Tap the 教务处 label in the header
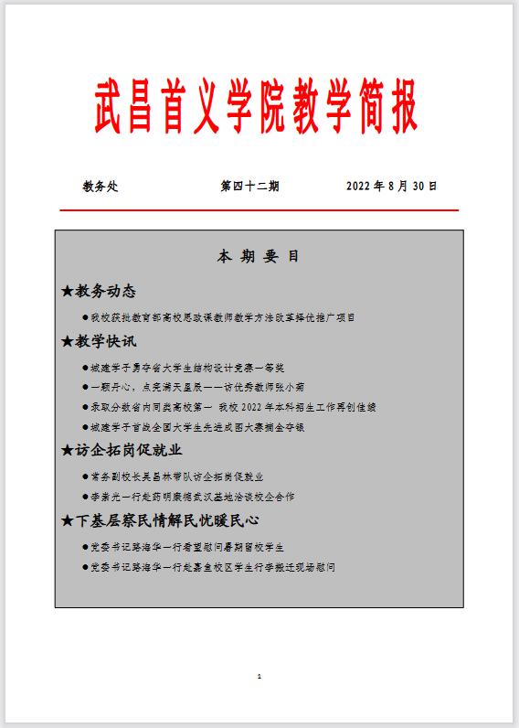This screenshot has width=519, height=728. click(101, 187)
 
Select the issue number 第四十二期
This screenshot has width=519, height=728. click(249, 187)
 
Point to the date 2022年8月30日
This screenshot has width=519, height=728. click(391, 187)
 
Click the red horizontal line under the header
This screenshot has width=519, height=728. click(259, 210)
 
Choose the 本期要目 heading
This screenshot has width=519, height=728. click(258, 257)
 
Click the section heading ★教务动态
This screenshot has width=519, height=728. click(98, 292)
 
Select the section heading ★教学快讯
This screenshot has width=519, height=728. click(98, 341)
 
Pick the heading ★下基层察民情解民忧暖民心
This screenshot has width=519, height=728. click(160, 520)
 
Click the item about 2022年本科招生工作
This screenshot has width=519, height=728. click(232, 407)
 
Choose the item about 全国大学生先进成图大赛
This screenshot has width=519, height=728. click(205, 427)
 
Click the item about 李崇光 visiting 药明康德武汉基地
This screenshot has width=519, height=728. click(192, 497)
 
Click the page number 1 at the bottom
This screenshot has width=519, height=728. click(259, 677)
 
